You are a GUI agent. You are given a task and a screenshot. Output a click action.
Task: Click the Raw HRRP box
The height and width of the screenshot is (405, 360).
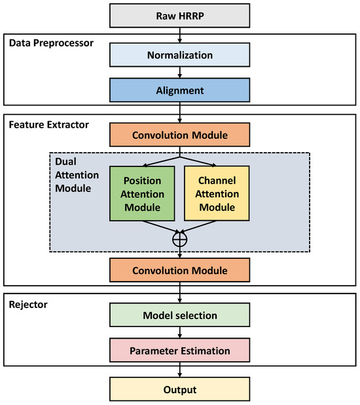click(179, 14)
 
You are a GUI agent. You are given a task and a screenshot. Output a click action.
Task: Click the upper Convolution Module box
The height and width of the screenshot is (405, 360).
click(179, 136)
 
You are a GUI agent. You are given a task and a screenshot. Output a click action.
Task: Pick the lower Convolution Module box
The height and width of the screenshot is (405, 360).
click(179, 270)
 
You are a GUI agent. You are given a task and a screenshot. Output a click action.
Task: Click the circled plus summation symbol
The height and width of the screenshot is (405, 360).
click(179, 240)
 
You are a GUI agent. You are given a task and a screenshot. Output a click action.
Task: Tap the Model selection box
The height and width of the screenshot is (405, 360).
click(179, 315)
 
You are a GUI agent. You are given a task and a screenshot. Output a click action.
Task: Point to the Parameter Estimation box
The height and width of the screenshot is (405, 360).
click(179, 351)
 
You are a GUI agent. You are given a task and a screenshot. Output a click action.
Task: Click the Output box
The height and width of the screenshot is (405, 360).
click(179, 389)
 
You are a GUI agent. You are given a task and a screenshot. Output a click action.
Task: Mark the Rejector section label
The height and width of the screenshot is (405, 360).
click(27, 304)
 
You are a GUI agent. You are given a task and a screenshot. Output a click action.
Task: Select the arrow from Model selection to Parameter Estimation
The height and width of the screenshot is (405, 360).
click(179, 333)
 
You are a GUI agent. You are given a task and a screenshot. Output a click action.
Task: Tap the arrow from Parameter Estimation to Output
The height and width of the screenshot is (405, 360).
click(179, 370)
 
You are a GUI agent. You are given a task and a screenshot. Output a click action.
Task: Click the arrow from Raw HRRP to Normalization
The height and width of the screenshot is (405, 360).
click(179, 35)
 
